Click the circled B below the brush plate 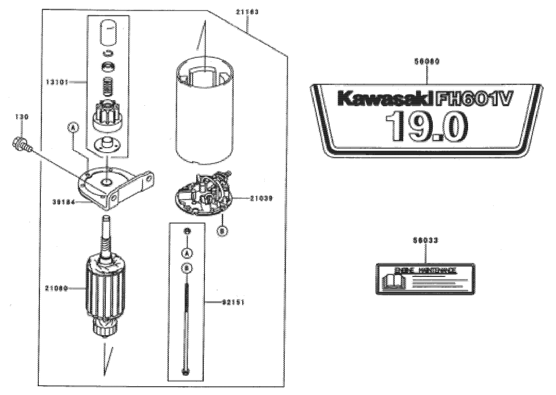[x=223, y=230]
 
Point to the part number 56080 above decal [x=425, y=60]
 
